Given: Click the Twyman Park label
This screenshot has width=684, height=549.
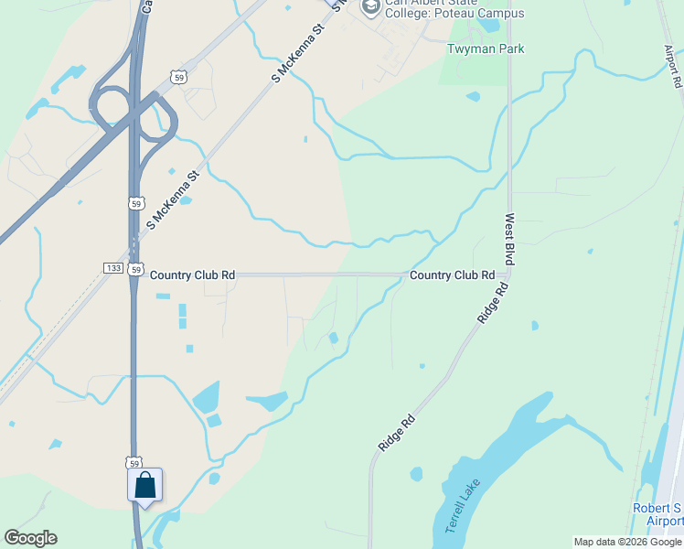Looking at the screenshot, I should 486,48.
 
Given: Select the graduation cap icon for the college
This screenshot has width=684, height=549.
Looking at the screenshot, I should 370,7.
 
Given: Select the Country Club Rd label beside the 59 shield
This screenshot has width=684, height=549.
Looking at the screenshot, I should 192,274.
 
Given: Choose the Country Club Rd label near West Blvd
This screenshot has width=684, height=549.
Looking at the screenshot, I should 452,274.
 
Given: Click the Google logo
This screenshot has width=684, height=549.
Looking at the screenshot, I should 30,538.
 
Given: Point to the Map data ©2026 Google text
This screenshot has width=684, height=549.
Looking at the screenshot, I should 627,542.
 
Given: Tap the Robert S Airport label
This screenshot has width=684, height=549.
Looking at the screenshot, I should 657,514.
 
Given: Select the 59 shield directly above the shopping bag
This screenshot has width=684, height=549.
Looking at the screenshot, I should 134,463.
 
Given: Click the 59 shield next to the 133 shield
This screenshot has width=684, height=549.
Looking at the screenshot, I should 134,269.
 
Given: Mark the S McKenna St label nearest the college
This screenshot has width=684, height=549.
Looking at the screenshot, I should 298,54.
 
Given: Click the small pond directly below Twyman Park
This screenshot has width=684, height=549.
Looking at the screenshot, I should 473,96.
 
